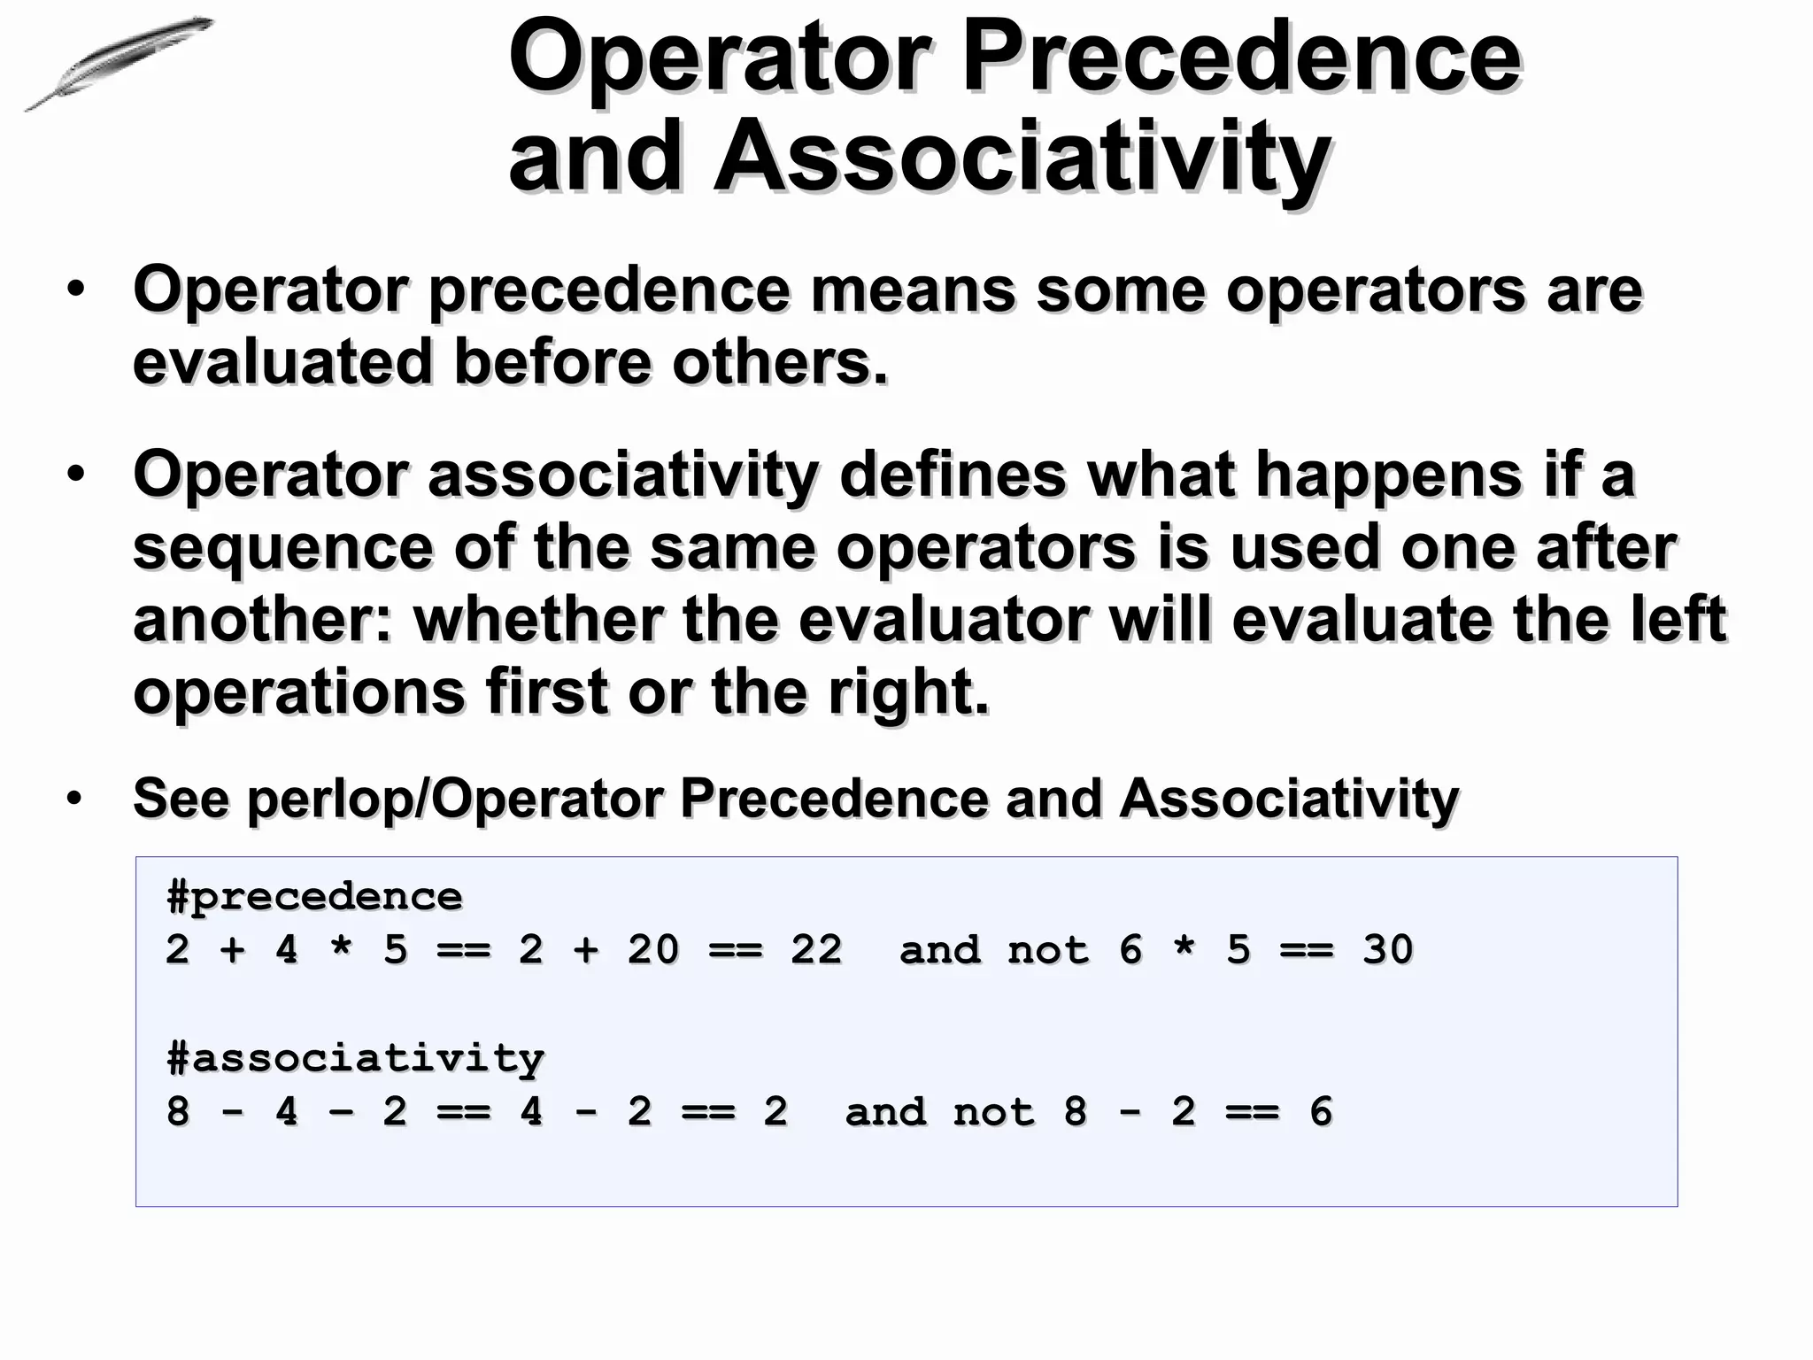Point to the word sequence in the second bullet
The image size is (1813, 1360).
(x=282, y=548)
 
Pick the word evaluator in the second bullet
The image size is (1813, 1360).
(x=943, y=619)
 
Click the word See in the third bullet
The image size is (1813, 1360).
(x=181, y=799)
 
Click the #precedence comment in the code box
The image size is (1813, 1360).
(x=314, y=896)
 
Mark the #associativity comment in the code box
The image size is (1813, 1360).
(x=355, y=1057)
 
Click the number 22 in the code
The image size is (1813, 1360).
(x=815, y=950)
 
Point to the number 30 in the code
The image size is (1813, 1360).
(x=1387, y=950)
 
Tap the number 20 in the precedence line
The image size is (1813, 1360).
(x=652, y=950)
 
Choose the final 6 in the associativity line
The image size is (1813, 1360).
(x=1320, y=1111)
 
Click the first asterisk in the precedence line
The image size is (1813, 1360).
(x=341, y=950)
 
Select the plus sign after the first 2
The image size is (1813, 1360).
(x=232, y=950)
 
